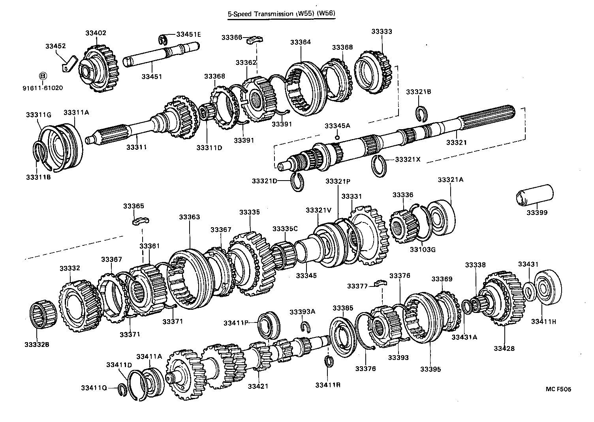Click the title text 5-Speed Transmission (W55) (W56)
tap(281, 14)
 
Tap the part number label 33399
tap(537, 213)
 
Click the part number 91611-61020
tap(43, 88)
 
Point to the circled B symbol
tap(43, 76)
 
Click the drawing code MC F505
tap(558, 389)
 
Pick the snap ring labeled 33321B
tap(422, 113)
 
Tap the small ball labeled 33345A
tap(337, 137)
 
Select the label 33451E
tap(188, 34)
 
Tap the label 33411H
tap(543, 322)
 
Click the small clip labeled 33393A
tap(305, 326)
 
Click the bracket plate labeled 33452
tap(70, 63)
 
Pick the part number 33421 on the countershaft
tap(258, 386)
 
